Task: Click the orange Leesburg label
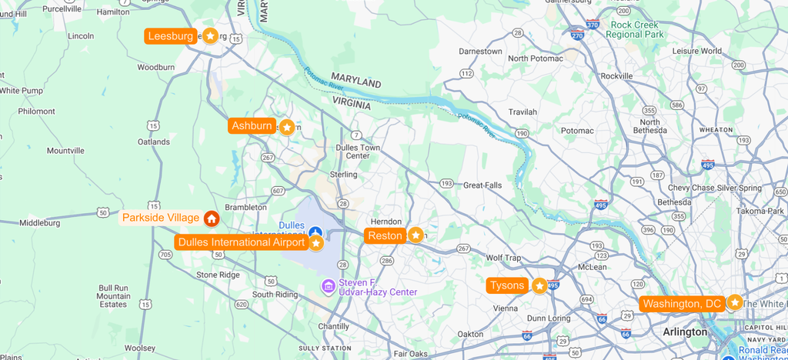(x=171, y=36)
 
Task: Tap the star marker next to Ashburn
(x=287, y=127)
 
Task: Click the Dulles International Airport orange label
(x=241, y=243)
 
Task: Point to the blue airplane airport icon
(x=315, y=232)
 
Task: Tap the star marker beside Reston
(x=416, y=235)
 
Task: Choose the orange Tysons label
(x=507, y=286)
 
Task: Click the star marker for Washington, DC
(x=735, y=303)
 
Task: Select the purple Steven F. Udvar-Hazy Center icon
(x=329, y=287)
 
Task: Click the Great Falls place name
(x=482, y=185)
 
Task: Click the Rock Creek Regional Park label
(x=636, y=30)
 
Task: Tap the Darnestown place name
(x=480, y=52)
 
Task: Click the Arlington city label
(x=685, y=332)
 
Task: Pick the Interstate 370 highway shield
(x=592, y=25)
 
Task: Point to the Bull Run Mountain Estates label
(x=113, y=296)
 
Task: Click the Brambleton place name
(x=245, y=207)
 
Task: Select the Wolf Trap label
(x=503, y=258)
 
